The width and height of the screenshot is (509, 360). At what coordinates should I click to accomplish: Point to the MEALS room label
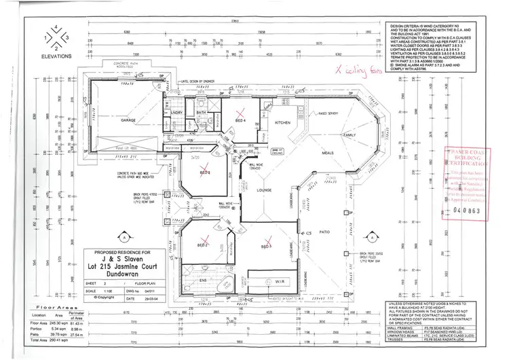pyautogui.click(x=328, y=153)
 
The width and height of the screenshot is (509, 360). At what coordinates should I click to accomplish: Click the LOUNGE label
pyautogui.click(x=263, y=192)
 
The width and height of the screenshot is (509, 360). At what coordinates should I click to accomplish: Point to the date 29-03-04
pyautogui.click(x=151, y=297)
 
